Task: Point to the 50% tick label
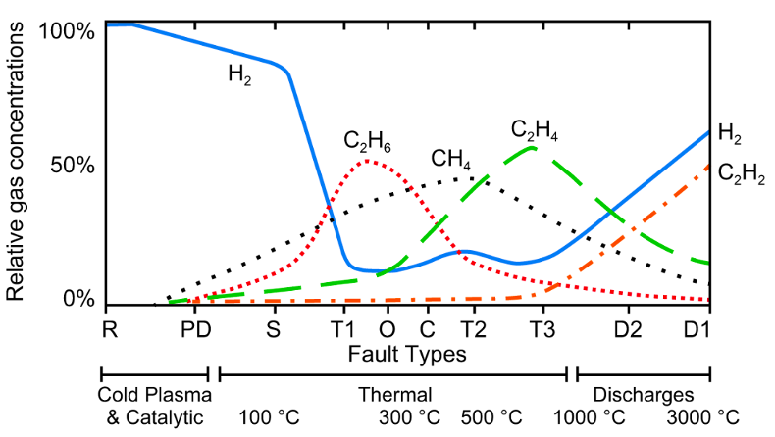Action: pos(72,165)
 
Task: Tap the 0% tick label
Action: pos(77,299)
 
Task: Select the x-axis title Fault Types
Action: pos(404,350)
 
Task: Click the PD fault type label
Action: pos(196,326)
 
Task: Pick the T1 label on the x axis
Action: pos(341,326)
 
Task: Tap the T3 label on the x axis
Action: pos(541,326)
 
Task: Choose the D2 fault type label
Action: pos(628,326)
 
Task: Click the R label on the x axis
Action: pos(110,326)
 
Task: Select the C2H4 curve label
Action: pos(535,130)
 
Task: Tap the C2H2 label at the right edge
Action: pos(742,173)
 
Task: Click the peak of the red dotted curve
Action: pos(367,161)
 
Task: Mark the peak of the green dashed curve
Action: pos(531,148)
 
